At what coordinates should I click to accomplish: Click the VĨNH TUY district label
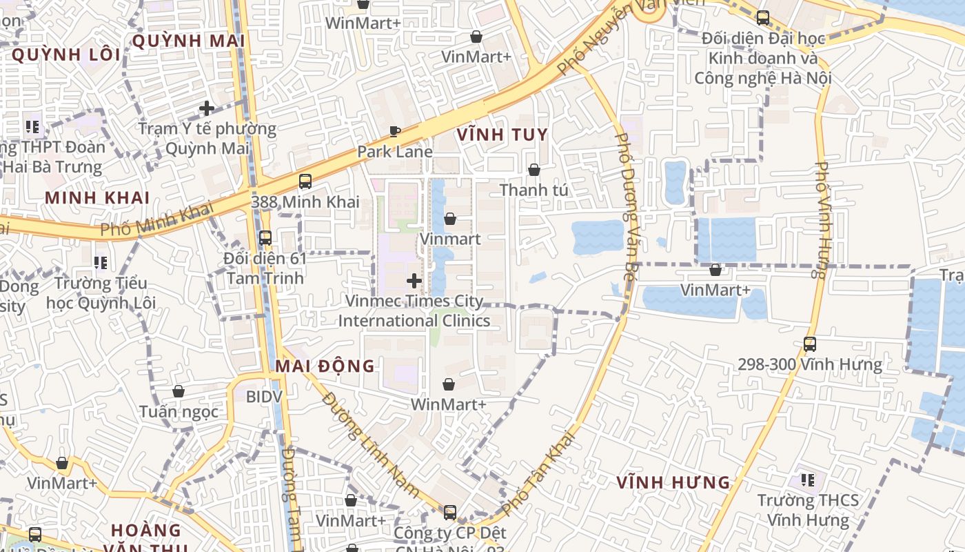pyautogui.click(x=502, y=135)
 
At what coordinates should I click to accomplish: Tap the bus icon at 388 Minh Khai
pyautogui.click(x=305, y=181)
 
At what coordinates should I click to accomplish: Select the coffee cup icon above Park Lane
pyautogui.click(x=395, y=131)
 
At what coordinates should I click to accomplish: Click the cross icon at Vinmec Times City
pyautogui.click(x=414, y=281)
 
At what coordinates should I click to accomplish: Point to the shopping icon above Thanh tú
pyautogui.click(x=534, y=170)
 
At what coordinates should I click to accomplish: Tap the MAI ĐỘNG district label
pyautogui.click(x=325, y=366)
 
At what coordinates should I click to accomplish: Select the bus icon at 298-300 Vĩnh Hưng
pyautogui.click(x=810, y=344)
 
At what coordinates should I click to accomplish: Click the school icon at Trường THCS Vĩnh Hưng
pyautogui.click(x=808, y=480)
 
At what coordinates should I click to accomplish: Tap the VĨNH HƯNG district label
pyautogui.click(x=673, y=482)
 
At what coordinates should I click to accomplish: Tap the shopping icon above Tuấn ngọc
pyautogui.click(x=179, y=392)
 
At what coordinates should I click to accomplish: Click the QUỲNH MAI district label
pyautogui.click(x=188, y=41)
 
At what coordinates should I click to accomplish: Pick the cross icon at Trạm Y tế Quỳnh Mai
pyautogui.click(x=207, y=108)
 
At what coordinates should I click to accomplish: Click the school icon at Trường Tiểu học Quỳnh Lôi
pyautogui.click(x=101, y=263)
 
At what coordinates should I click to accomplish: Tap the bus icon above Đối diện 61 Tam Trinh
pyautogui.click(x=265, y=238)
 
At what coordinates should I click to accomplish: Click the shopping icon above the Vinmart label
pyautogui.click(x=450, y=219)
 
